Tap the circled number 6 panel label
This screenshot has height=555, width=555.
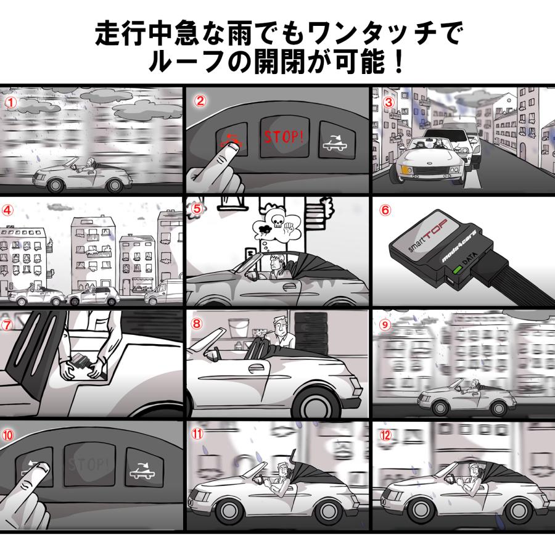tap(385, 209)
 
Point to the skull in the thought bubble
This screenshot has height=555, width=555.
tap(276, 220)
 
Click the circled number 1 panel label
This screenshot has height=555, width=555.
tap(10, 99)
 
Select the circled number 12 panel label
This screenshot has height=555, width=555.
tap(386, 434)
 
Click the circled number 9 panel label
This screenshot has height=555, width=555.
tap(385, 323)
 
